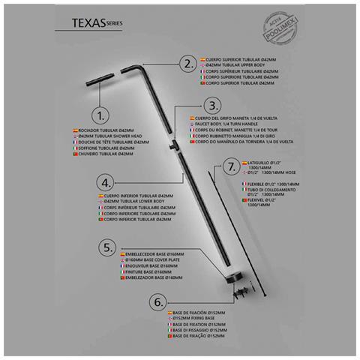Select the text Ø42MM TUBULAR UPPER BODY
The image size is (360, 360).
[x=234, y=64]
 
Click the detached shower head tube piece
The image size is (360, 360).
[x=97, y=80]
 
